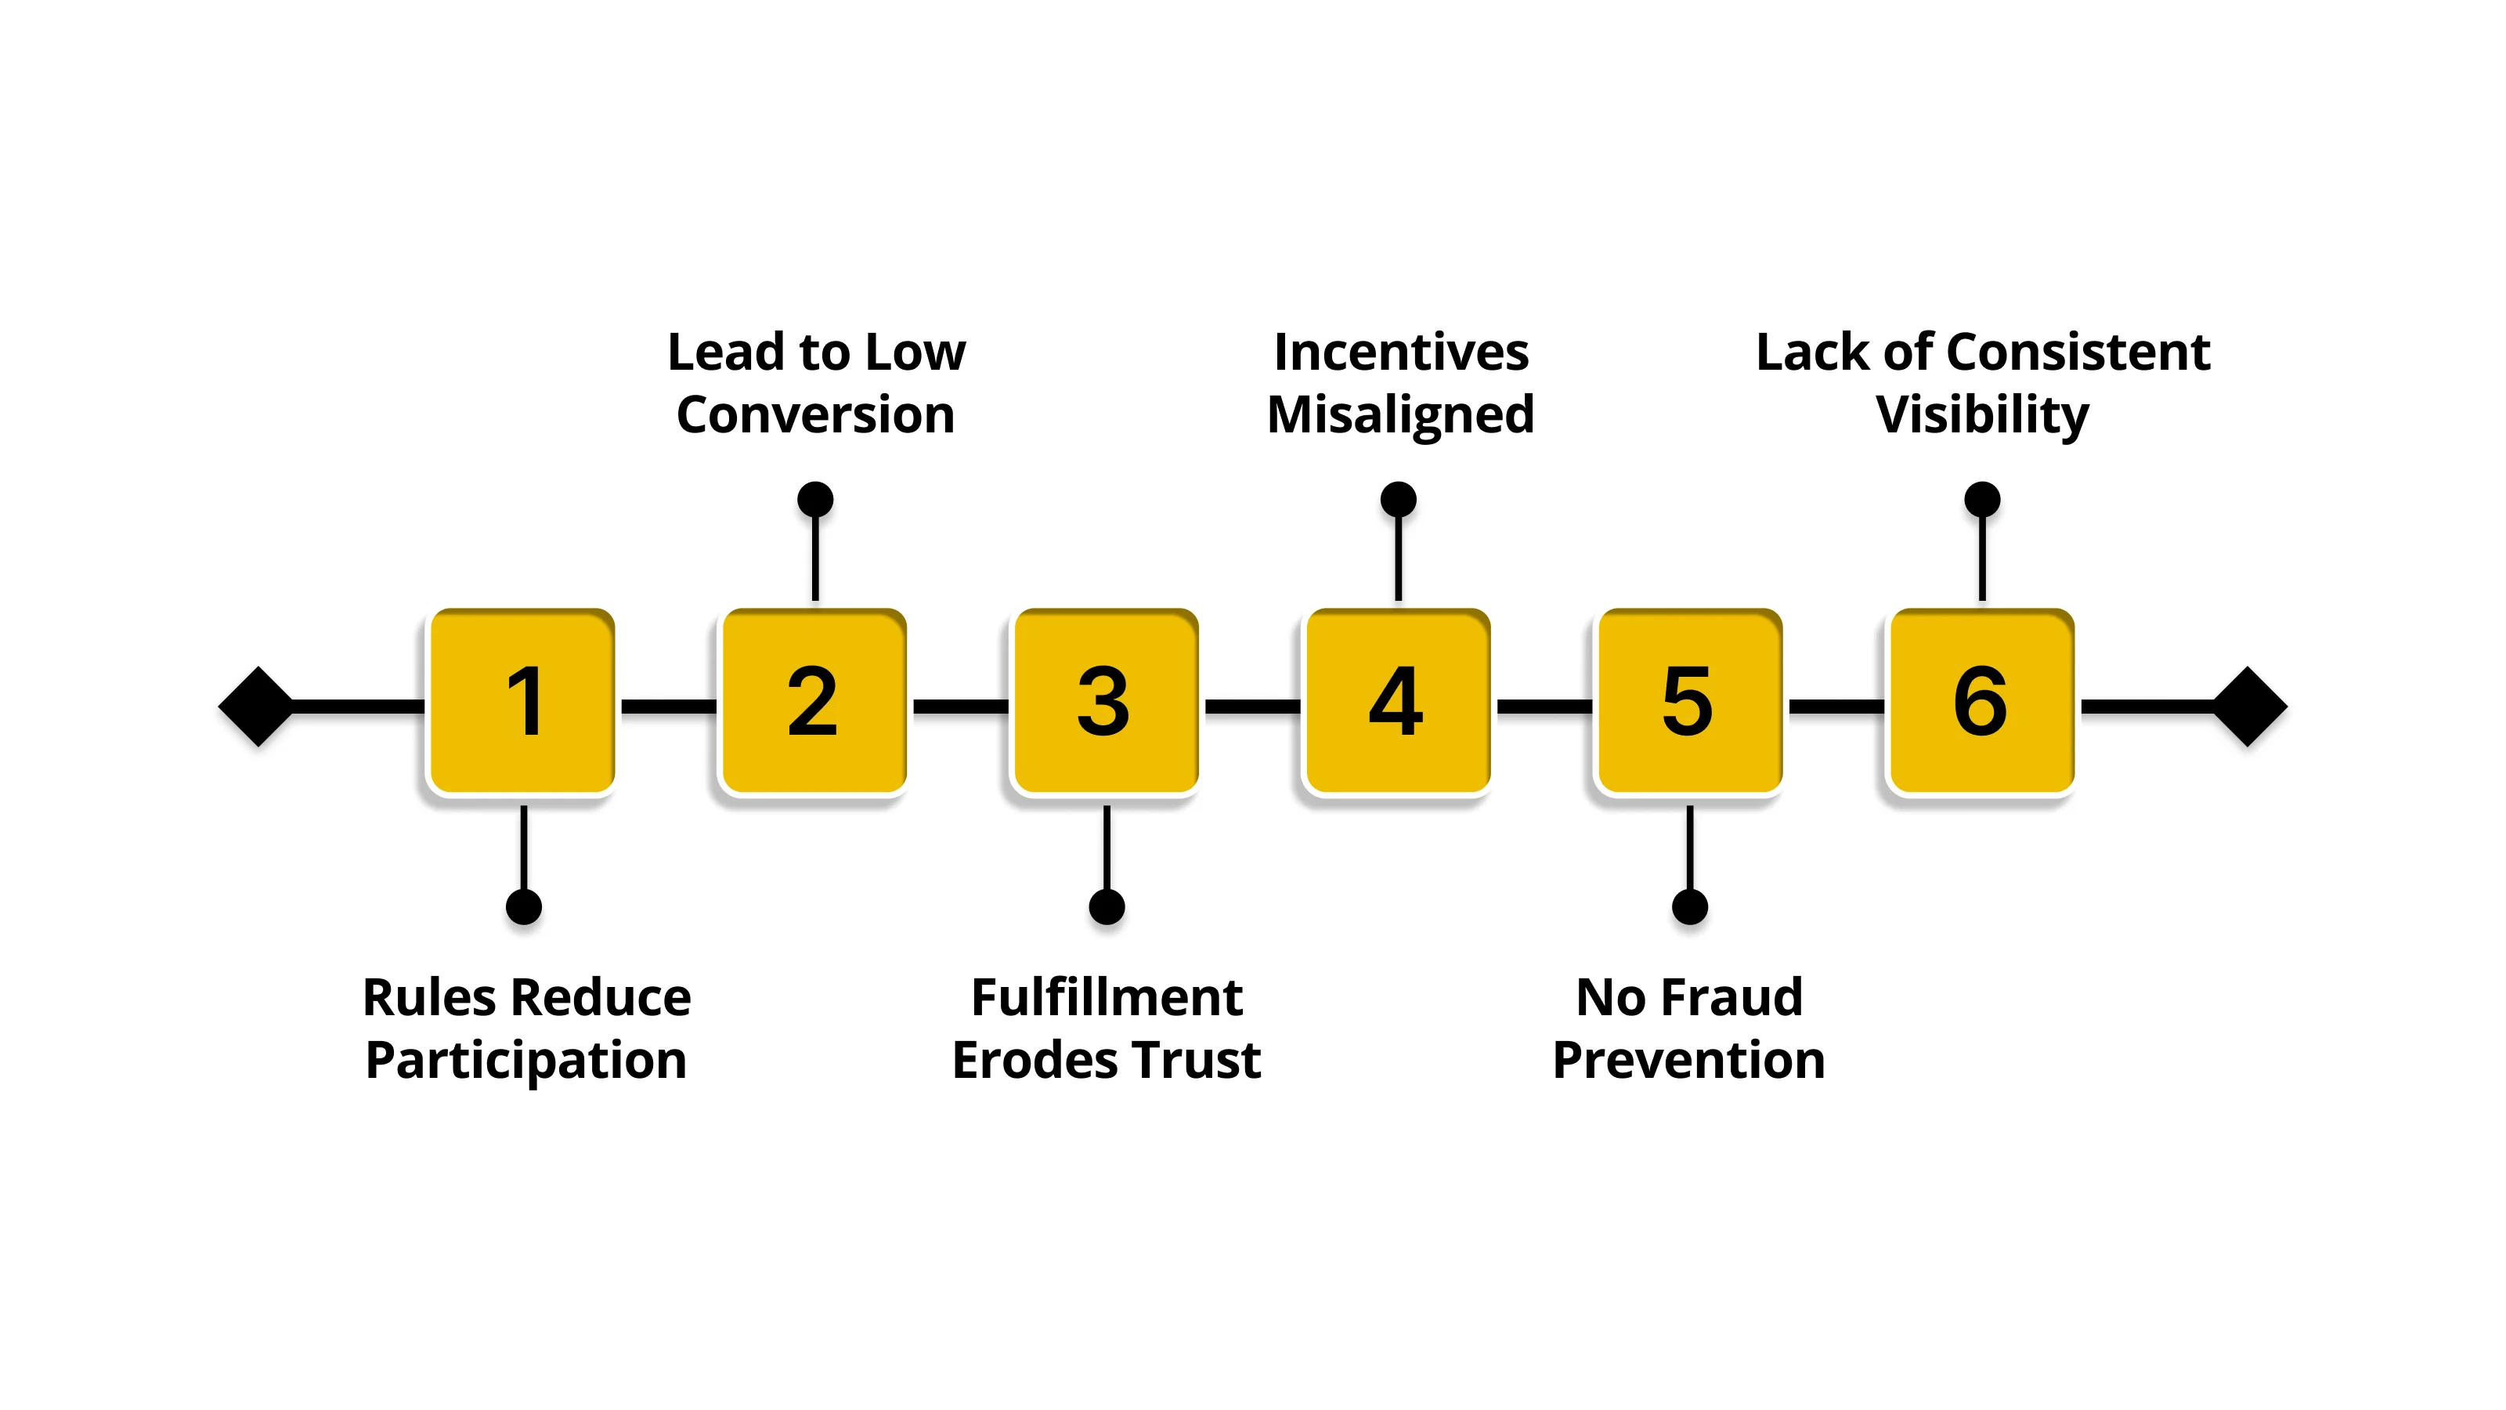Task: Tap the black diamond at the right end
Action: pos(2249,707)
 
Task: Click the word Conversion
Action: pos(815,414)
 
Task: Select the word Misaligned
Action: pos(1400,414)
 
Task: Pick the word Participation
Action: pos(526,1061)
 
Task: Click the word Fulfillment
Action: pos(1107,997)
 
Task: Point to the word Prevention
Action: pos(1689,1060)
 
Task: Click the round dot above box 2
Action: pos(815,499)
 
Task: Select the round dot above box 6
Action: pos(1981,499)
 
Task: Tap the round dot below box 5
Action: pos(1690,907)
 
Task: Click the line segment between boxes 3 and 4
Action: pos(1252,707)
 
